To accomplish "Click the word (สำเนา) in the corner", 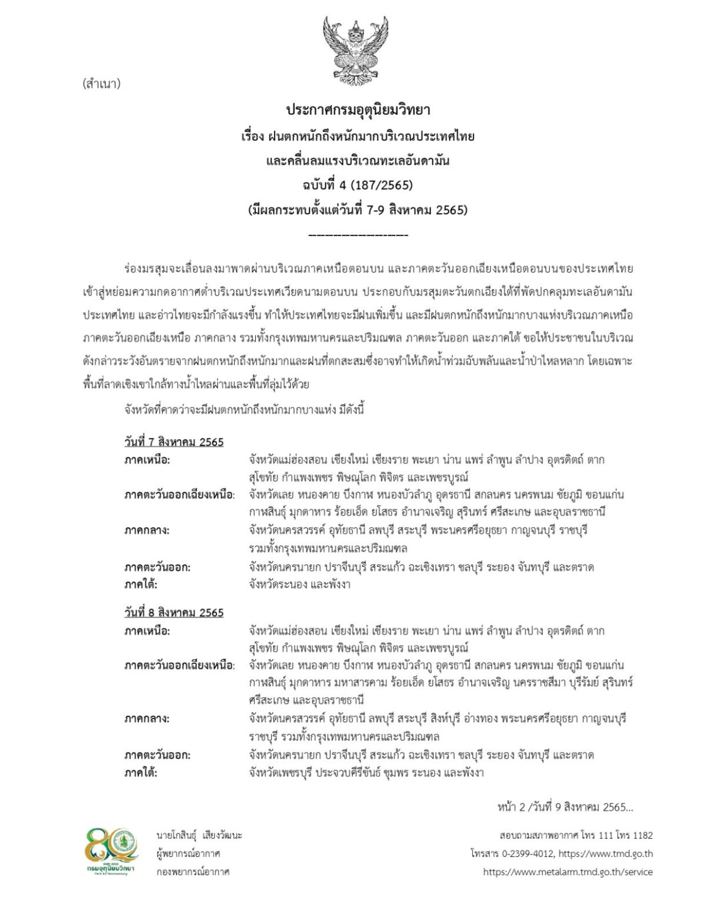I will pyautogui.click(x=102, y=84).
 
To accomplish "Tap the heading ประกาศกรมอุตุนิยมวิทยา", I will pyautogui.click(x=358, y=110).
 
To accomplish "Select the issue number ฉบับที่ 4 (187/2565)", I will pyautogui.click(x=358, y=185).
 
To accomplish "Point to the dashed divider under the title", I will pyautogui.click(x=358, y=235).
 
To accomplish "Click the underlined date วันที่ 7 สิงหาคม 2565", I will pyautogui.click(x=174, y=441).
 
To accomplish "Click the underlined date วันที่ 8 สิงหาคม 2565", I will pyautogui.click(x=174, y=613).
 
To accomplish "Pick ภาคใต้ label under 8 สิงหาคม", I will pyautogui.click(x=141, y=773).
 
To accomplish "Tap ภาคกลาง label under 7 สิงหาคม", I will pyautogui.click(x=146, y=530).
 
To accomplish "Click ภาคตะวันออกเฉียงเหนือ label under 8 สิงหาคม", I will pyautogui.click(x=179, y=666).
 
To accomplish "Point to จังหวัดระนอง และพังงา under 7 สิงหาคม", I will pyautogui.click(x=299, y=585).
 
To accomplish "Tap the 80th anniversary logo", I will pyautogui.click(x=111, y=852).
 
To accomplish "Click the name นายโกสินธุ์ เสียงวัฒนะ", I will pyautogui.click(x=199, y=836).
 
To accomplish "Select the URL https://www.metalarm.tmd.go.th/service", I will pyautogui.click(x=568, y=872).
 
